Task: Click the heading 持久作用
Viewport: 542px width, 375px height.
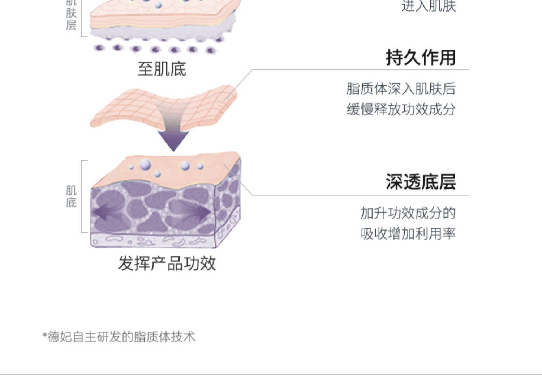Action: pyautogui.click(x=421, y=58)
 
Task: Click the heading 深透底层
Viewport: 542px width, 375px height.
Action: pyautogui.click(x=421, y=182)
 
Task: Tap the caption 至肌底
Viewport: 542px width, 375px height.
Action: pyautogui.click(x=162, y=69)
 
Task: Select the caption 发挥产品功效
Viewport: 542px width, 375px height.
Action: pyautogui.click(x=167, y=263)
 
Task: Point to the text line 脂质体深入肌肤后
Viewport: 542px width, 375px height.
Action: pyautogui.click(x=401, y=89)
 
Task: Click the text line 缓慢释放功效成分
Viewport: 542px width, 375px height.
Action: pyautogui.click(x=401, y=109)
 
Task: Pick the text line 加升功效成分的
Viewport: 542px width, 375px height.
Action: pyautogui.click(x=408, y=213)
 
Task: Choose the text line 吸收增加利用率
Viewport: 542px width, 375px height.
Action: pyautogui.click(x=408, y=234)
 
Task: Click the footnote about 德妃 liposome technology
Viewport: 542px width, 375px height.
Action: pyautogui.click(x=119, y=337)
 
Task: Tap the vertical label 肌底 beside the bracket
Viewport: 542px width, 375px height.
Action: pyautogui.click(x=71, y=197)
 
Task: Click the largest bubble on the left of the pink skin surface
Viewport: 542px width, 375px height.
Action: pyautogui.click(x=145, y=165)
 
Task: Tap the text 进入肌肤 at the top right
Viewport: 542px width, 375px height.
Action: pyautogui.click(x=429, y=6)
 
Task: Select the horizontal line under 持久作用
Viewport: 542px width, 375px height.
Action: pyautogui.click(x=361, y=69)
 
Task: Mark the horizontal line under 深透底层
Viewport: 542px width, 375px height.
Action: pyautogui.click(x=361, y=195)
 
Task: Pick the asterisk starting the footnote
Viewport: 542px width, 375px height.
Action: pyautogui.click(x=45, y=336)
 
